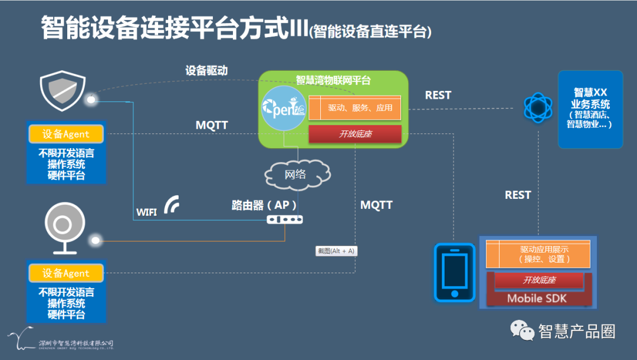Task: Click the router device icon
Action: pyautogui.click(x=284, y=219)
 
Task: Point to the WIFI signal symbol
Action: pyautogui.click(x=172, y=205)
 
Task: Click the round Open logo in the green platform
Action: pyautogui.click(x=284, y=109)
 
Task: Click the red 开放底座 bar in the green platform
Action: pyautogui.click(x=354, y=134)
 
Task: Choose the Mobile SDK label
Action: pyautogui.click(x=536, y=298)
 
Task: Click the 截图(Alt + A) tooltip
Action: pyautogui.click(x=336, y=251)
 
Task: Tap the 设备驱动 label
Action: pyautogui.click(x=206, y=70)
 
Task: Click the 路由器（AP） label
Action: pyautogui.click(x=263, y=205)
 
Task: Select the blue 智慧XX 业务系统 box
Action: pyautogui.click(x=590, y=109)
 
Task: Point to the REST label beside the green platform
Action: pyautogui.click(x=438, y=95)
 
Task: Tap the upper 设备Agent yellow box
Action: pyautogui.click(x=66, y=134)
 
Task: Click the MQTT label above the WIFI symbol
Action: pyautogui.click(x=212, y=126)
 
